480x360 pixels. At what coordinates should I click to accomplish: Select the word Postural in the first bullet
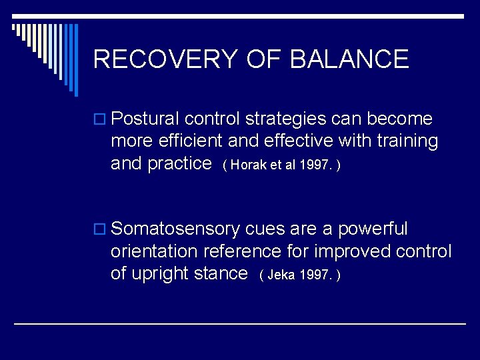coord(145,119)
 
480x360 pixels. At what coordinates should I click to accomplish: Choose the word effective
coord(296,141)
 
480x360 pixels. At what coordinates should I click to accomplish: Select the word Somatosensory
coord(175,229)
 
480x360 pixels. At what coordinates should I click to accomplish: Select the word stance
coord(219,274)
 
